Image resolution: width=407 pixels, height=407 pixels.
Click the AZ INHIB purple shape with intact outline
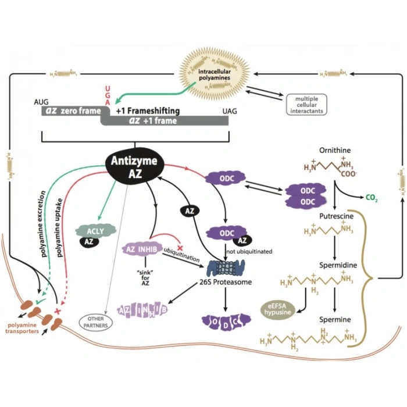(140, 248)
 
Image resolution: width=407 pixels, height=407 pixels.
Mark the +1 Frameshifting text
(148, 110)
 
